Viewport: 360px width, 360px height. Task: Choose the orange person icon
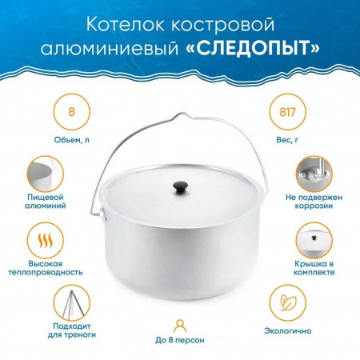tap(180, 326)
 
